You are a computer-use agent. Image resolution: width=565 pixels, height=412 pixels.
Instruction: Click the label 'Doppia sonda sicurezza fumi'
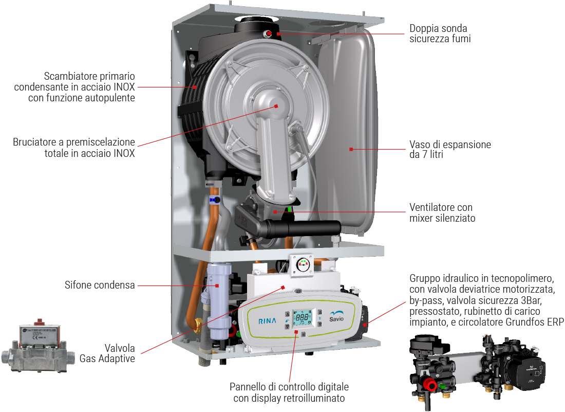(440, 33)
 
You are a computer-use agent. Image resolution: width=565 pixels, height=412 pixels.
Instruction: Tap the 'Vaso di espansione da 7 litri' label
(450, 149)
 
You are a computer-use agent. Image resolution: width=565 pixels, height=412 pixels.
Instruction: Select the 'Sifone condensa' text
(100, 284)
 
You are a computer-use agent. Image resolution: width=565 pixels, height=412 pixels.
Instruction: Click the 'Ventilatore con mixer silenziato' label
(442, 213)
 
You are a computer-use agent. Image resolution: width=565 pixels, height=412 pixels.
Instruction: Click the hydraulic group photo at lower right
(478, 368)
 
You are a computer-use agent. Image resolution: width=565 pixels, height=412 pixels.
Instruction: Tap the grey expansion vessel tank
(350, 129)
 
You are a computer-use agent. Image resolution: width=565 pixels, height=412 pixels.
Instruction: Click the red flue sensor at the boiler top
(269, 34)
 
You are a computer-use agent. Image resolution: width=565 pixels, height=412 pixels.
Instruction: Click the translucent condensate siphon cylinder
(217, 288)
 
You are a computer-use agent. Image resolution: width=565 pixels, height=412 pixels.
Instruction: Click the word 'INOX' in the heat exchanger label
(124, 87)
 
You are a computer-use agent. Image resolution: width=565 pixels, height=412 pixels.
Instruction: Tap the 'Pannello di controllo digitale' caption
(289, 387)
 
